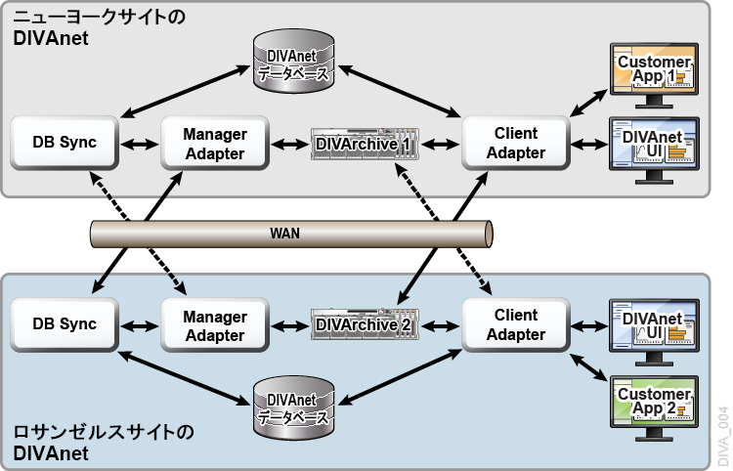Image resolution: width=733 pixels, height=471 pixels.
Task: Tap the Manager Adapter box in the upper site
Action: [214, 143]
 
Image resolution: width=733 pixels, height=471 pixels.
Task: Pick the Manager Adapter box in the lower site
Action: [214, 325]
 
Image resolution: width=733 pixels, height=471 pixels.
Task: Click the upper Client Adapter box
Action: [515, 143]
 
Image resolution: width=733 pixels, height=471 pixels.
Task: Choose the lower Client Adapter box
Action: [515, 325]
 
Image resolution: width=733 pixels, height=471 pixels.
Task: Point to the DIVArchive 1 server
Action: [364, 145]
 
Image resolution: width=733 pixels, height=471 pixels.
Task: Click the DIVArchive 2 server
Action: [364, 324]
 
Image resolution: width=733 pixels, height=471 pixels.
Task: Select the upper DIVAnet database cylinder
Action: [290, 62]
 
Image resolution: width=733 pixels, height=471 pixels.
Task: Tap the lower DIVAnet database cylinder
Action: [290, 407]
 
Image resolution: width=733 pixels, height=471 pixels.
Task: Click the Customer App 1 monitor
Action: [654, 73]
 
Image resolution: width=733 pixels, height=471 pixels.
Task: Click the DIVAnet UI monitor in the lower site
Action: [654, 326]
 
